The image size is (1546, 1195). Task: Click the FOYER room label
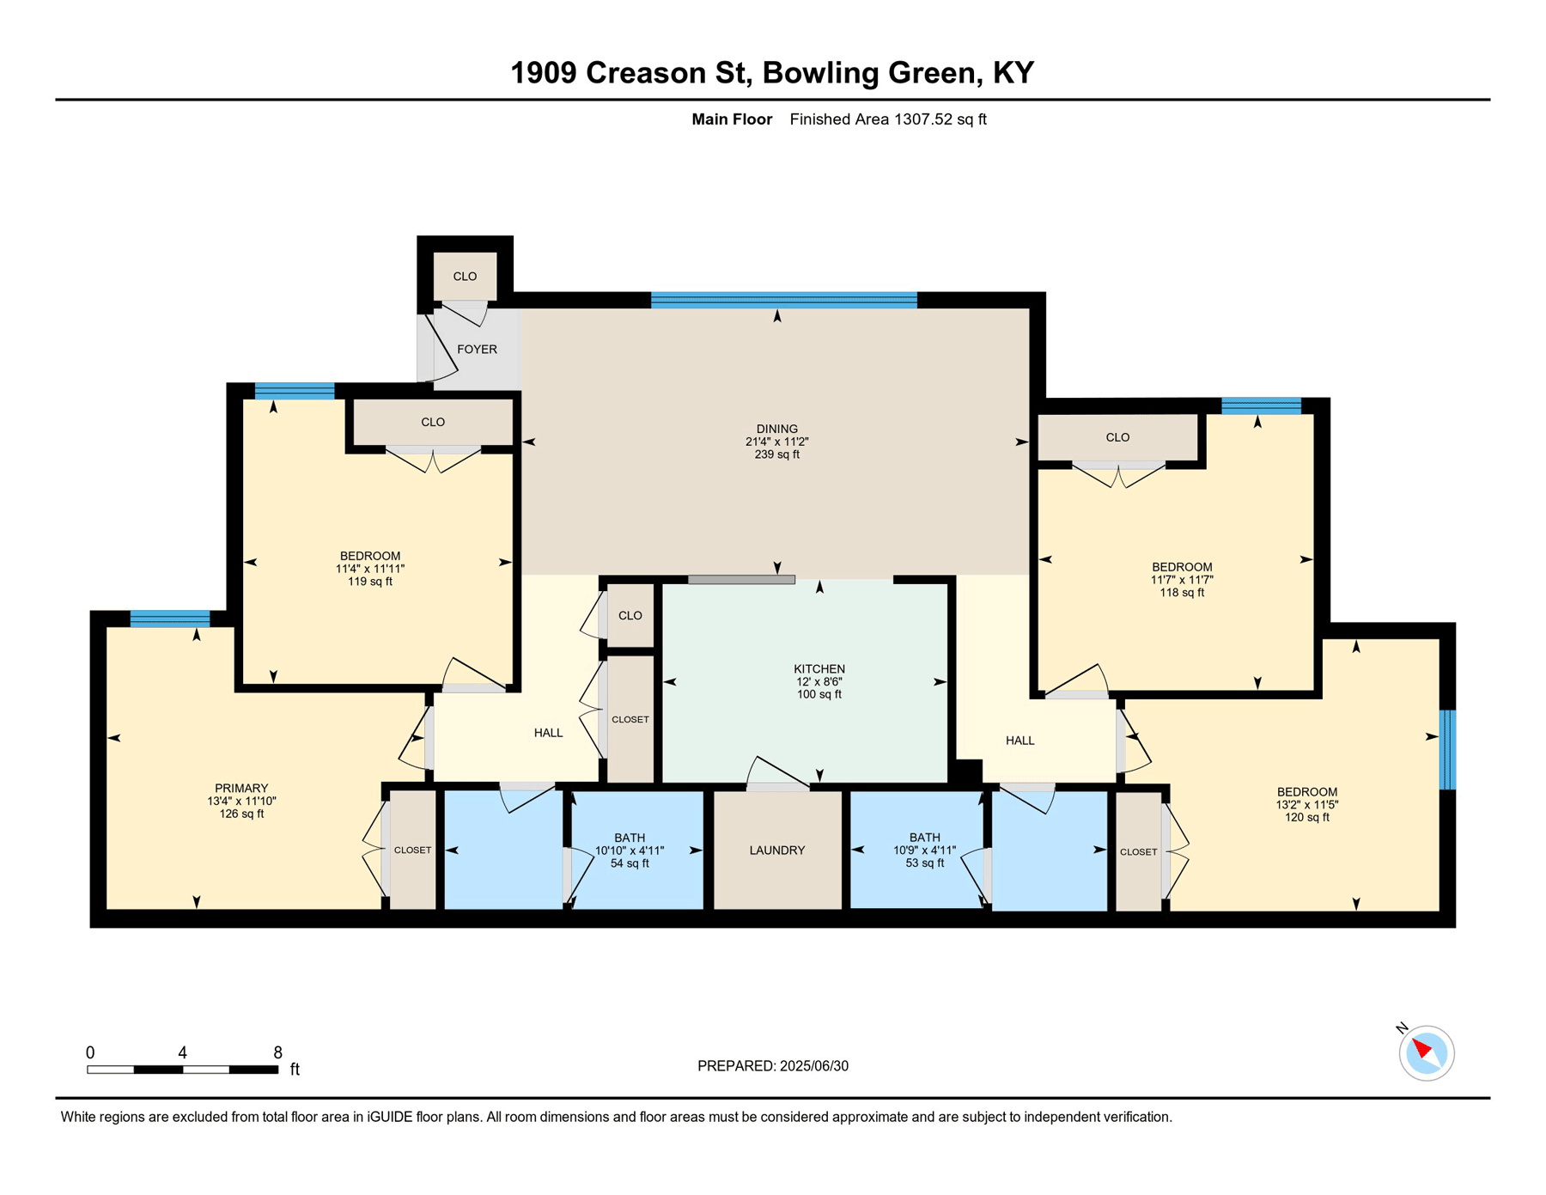tap(477, 350)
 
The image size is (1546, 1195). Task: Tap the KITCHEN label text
tap(819, 669)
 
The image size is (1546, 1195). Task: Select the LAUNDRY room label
tap(777, 851)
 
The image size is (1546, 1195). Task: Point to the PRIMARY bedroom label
tap(241, 789)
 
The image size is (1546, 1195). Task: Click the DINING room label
tap(777, 429)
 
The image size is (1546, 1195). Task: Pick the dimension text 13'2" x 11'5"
tap(1307, 805)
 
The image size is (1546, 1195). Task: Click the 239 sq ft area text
tap(777, 454)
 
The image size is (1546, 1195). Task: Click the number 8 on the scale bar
tap(278, 1052)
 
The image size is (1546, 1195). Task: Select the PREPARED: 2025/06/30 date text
tap(773, 1066)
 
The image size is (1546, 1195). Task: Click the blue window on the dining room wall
tap(784, 300)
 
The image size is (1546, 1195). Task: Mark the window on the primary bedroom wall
tap(170, 619)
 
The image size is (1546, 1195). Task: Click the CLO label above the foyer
tap(465, 277)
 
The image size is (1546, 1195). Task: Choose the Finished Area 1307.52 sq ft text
tap(888, 119)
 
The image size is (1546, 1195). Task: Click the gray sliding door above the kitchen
tap(741, 580)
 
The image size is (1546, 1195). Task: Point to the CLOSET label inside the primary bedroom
tap(412, 851)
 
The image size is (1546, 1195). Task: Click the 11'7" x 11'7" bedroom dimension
tap(1182, 580)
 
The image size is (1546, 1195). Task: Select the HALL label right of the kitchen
tap(1020, 741)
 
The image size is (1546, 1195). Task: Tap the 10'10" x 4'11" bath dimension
tap(630, 851)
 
